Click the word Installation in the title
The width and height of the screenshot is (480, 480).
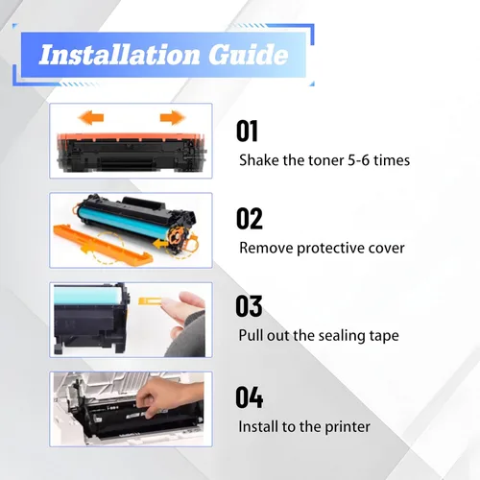[120, 55]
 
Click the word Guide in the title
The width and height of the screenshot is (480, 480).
[249, 54]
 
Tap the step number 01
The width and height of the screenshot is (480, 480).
[247, 131]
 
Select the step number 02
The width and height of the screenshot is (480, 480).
[250, 218]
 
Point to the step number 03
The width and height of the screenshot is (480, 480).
[249, 306]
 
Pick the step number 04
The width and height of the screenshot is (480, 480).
[250, 397]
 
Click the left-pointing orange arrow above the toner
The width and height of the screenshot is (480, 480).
[91, 118]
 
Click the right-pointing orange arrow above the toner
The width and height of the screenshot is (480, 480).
[173, 117]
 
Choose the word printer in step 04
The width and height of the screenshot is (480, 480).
[348, 427]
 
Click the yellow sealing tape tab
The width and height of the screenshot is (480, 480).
[151, 301]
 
